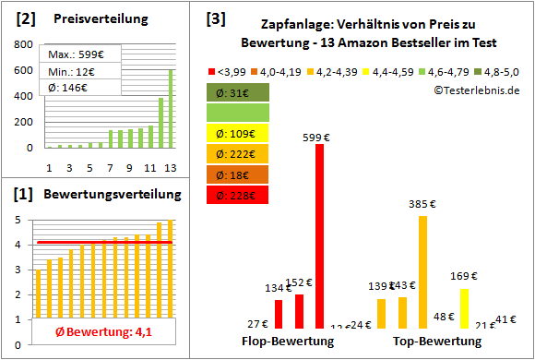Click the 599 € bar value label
pos(319,138)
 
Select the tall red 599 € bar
pos(319,236)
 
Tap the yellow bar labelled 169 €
pos(464,308)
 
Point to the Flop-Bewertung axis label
pos(288,342)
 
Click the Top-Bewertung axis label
pos(437,342)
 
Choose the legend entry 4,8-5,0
pos(497,70)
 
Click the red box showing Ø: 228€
pos(238,195)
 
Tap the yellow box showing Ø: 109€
pos(238,134)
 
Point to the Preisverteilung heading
pos(91,19)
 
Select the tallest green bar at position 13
pos(170,108)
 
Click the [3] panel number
pos(215,18)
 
